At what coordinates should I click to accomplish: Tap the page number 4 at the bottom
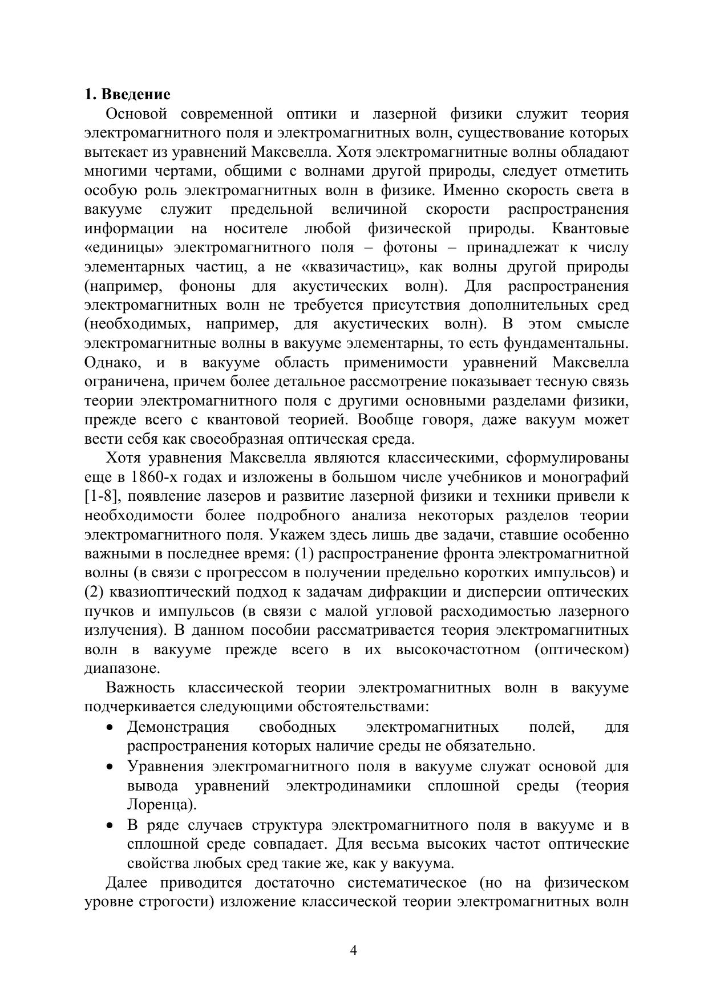[353, 950]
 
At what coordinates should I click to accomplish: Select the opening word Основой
[136, 114]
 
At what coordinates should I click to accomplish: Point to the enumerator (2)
[94, 592]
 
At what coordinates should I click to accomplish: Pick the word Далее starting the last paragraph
[127, 883]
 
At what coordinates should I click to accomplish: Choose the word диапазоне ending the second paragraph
[122, 668]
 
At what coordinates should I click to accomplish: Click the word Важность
[140, 688]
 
